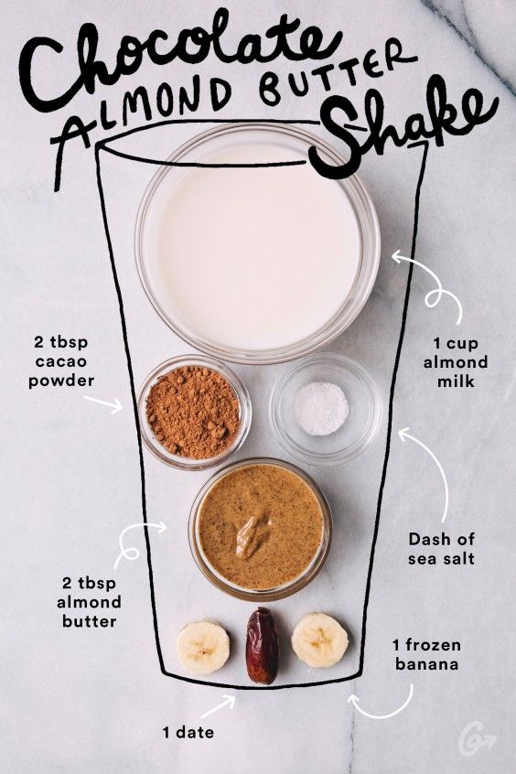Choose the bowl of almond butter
260,527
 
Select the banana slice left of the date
203,646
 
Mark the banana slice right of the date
319,640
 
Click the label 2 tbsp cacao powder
65,361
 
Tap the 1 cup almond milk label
461,362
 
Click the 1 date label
189,732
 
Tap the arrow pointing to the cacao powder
109,403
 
